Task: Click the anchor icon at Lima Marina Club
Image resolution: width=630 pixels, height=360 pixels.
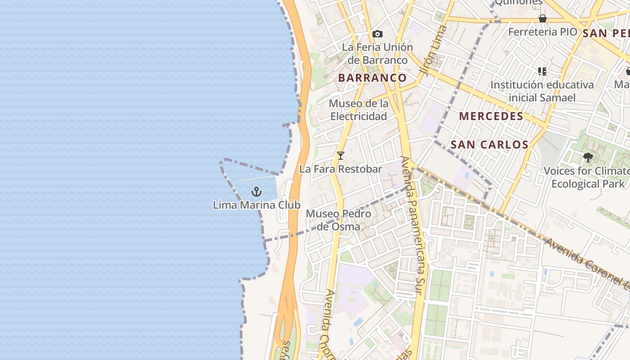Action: (x=256, y=192)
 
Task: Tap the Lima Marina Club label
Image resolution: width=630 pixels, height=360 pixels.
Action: (x=256, y=205)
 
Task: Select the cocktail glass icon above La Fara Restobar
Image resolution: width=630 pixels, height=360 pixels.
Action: (x=341, y=156)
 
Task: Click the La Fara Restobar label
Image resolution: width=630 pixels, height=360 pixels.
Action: (x=341, y=169)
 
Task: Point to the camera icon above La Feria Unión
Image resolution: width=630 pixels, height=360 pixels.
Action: (x=378, y=34)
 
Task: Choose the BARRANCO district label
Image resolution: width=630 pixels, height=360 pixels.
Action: (x=372, y=78)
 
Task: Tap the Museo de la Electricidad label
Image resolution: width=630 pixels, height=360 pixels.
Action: (x=359, y=110)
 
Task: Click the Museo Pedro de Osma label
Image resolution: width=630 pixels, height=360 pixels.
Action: (x=338, y=220)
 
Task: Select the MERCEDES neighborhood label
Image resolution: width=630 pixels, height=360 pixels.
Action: (x=491, y=117)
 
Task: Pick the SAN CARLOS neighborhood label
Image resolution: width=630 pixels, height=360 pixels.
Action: (x=489, y=145)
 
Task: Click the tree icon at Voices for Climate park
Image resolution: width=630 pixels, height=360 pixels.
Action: (x=588, y=157)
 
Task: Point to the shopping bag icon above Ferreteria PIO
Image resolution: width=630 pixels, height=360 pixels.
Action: (x=543, y=18)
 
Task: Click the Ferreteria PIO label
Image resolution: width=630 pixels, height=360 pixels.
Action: (x=542, y=32)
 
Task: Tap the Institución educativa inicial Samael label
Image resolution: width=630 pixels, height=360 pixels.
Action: (x=542, y=91)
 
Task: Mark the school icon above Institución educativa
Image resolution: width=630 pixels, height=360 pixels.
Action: (x=542, y=71)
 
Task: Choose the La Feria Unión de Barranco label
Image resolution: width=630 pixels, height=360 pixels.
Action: (x=377, y=54)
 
